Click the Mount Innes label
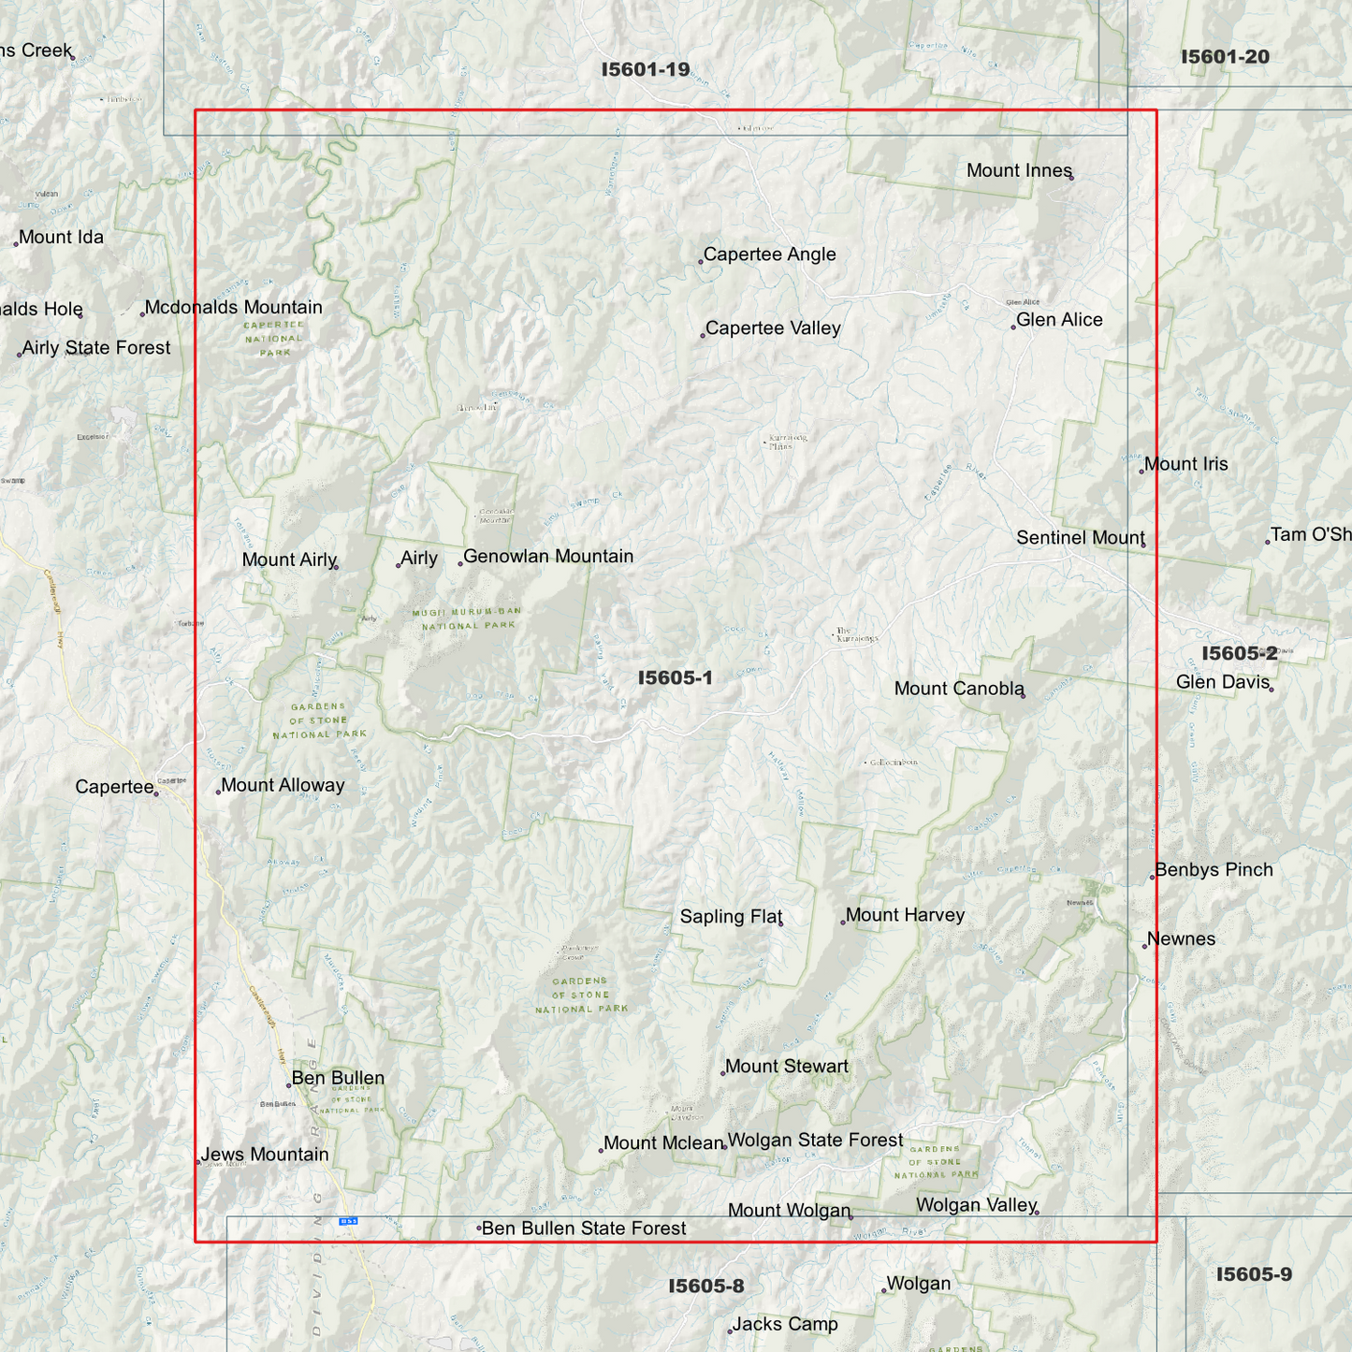pyautogui.click(x=1019, y=170)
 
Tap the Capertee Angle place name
pyautogui.click(x=769, y=254)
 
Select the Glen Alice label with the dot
pyautogui.click(x=1059, y=320)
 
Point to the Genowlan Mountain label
pyautogui.click(x=548, y=557)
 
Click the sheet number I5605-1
pyautogui.click(x=675, y=677)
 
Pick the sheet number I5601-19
pyautogui.click(x=646, y=69)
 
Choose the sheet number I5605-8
pyautogui.click(x=705, y=1286)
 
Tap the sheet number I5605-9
pyautogui.click(x=1254, y=1274)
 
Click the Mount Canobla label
pyautogui.click(x=959, y=689)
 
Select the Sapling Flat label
pyautogui.click(x=731, y=917)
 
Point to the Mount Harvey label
pyautogui.click(x=905, y=915)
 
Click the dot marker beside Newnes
pyautogui.click(x=1144, y=946)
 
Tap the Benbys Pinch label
pyautogui.click(x=1214, y=870)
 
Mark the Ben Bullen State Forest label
pyautogui.click(x=584, y=1228)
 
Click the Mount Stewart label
pyautogui.click(x=787, y=1067)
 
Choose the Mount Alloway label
pyautogui.click(x=283, y=786)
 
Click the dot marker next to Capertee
pyautogui.click(x=156, y=793)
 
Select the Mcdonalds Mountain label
pyautogui.click(x=233, y=308)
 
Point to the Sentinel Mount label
pyautogui.click(x=1081, y=538)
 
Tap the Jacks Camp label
pyautogui.click(x=785, y=1324)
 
